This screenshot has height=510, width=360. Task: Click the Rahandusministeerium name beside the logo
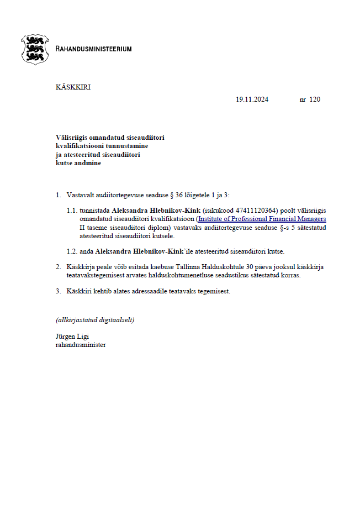[93, 49]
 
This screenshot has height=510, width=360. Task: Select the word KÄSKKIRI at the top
[73, 87]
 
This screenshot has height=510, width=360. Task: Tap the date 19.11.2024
[252, 100]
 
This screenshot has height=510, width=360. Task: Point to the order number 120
[315, 100]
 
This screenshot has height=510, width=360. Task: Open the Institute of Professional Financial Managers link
[262, 219]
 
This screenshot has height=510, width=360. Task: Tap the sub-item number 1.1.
[72, 211]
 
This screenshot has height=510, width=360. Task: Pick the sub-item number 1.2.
[72, 251]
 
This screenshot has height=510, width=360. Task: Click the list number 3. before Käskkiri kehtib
[59, 291]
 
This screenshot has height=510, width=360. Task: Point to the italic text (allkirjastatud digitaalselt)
[95, 320]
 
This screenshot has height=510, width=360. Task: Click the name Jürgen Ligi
[72, 337]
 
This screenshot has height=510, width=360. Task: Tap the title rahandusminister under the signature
[81, 345]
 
